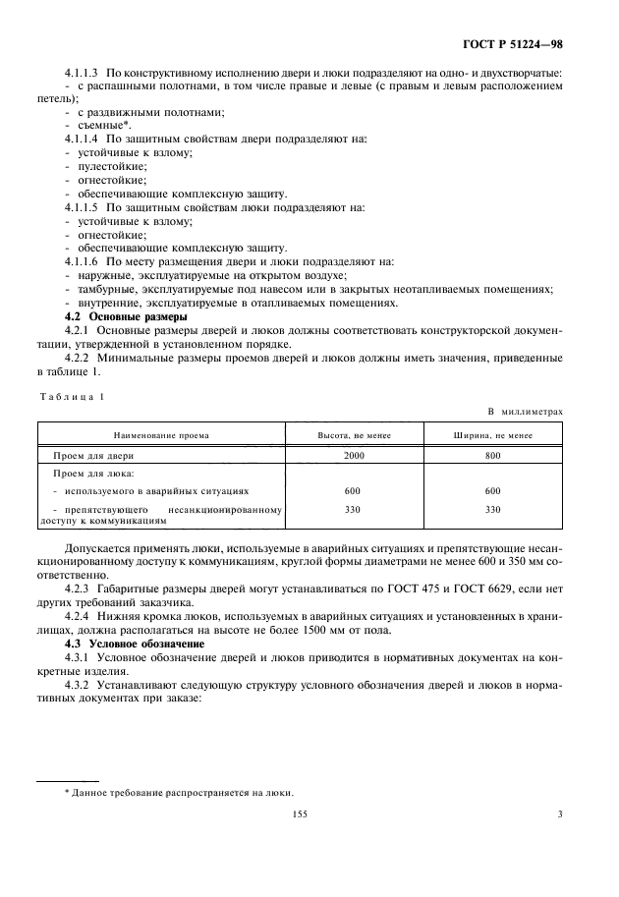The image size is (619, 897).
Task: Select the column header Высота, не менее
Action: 353,433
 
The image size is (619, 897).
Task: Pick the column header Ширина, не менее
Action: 492,433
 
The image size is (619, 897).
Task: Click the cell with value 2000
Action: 353,455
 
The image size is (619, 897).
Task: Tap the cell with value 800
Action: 492,455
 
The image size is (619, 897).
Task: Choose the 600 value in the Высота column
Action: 353,490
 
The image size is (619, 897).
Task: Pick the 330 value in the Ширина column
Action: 492,510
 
